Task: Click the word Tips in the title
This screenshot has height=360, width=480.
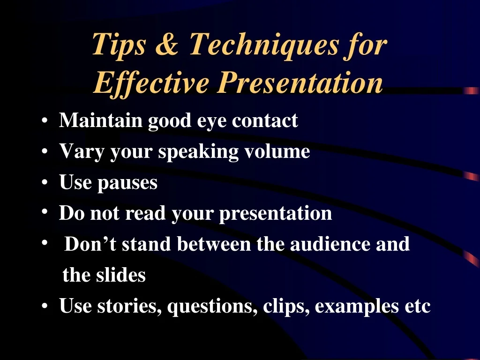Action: (119, 46)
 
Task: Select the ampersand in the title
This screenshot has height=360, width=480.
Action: (167, 44)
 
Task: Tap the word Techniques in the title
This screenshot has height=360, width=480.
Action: (263, 46)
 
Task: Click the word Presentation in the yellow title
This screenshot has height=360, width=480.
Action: (300, 82)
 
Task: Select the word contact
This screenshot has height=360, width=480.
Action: (265, 120)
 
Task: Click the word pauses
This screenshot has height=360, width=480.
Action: (127, 184)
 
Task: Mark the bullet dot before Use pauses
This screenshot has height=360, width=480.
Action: (45, 182)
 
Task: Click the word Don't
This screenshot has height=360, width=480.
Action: (90, 244)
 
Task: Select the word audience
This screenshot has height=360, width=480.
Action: (330, 244)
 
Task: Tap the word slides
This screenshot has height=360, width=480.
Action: (121, 275)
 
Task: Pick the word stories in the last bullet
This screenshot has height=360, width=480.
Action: (129, 306)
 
